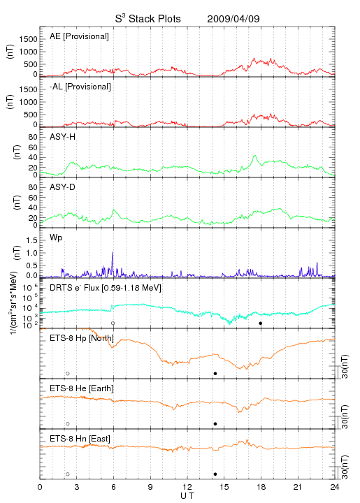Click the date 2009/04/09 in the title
(233, 19)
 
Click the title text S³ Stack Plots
(148, 18)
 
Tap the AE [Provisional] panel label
(79, 36)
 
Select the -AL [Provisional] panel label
(80, 87)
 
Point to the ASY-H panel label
(63, 137)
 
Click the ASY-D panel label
(63, 187)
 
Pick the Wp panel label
(56, 238)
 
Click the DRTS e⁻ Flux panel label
(106, 288)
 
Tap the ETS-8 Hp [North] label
(82, 338)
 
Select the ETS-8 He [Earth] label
(82, 388)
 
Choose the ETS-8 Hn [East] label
(80, 439)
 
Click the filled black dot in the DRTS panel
(261, 323)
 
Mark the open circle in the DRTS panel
(113, 323)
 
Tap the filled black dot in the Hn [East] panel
(215, 474)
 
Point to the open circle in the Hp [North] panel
(68, 374)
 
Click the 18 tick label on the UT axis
(261, 487)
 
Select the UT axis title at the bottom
(187, 496)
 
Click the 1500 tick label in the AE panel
(28, 39)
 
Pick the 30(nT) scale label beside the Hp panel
(345, 367)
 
